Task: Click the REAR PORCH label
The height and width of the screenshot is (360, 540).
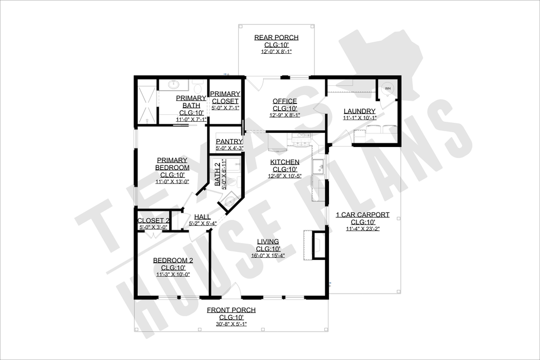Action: (276, 37)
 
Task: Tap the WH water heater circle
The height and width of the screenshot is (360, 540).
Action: (388, 89)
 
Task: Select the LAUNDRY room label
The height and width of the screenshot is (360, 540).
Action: (359, 111)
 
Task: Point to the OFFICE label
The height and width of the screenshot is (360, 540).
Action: (285, 101)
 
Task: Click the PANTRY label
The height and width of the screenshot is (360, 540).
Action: (229, 141)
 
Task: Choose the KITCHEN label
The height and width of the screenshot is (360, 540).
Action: (285, 162)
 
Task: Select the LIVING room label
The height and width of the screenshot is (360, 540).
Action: (268, 241)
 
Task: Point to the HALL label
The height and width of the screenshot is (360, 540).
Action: (202, 217)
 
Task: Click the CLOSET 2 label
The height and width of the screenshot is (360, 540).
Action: (153, 221)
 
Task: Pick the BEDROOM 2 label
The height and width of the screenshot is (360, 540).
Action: (173, 260)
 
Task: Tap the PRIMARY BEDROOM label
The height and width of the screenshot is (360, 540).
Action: (172, 164)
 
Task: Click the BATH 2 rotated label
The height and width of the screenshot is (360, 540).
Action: (218, 174)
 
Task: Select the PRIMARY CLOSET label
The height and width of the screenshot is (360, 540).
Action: (225, 98)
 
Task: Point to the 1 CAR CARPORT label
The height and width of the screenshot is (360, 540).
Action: (363, 215)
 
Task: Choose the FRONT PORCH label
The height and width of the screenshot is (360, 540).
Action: (232, 310)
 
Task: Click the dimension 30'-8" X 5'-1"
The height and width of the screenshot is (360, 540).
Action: (232, 324)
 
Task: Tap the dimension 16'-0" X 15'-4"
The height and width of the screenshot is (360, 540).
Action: (268, 255)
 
